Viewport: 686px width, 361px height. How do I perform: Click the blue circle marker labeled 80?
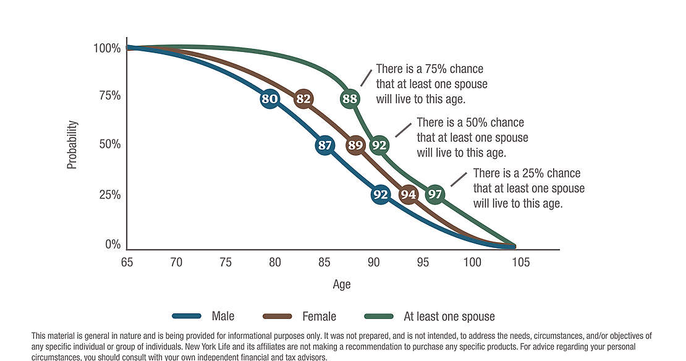tap(269, 99)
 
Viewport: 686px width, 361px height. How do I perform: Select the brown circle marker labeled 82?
tap(303, 99)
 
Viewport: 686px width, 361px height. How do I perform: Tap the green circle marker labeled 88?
tap(350, 99)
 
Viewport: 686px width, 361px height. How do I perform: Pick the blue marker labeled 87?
tap(325, 146)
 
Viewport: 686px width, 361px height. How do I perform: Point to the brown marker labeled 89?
tap(355, 146)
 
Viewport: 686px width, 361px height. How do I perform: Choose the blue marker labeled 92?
tap(381, 195)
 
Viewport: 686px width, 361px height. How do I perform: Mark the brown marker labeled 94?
tap(409, 195)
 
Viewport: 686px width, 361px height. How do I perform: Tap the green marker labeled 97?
tap(436, 195)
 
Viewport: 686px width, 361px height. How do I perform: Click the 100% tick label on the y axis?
tap(107, 48)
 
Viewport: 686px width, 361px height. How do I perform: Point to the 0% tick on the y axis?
tap(112, 244)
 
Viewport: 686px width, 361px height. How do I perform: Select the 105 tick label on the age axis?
tap(520, 263)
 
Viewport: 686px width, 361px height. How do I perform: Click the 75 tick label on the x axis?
tap(226, 263)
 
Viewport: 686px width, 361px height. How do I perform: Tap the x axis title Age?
tap(342, 284)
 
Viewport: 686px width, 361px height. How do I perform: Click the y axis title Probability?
tap(72, 145)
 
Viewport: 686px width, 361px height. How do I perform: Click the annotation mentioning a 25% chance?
tap(528, 188)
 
